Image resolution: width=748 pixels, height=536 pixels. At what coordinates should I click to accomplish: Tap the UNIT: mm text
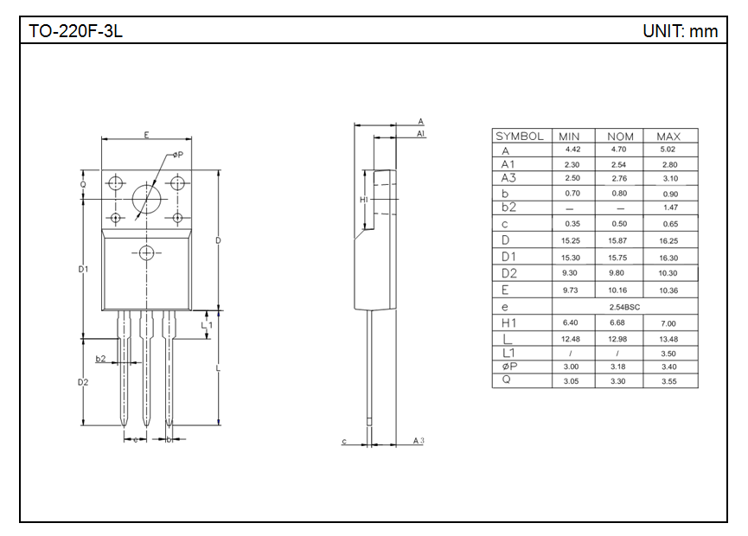pos(680,31)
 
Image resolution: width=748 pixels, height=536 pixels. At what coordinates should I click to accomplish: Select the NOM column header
pos(620,137)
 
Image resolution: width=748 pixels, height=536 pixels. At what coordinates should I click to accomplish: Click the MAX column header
pos(668,137)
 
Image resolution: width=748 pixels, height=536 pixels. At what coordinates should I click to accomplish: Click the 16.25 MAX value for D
pos(668,240)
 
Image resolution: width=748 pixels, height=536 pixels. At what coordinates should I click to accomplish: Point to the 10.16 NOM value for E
pos(617,290)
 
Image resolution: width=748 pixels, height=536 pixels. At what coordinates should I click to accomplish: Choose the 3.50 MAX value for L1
pos(668,354)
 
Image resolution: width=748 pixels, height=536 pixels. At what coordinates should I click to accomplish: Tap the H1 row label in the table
pos(508,322)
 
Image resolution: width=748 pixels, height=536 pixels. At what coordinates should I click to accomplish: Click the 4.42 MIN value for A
pos(572,150)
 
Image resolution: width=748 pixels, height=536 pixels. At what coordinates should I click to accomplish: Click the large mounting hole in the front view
pos(146,197)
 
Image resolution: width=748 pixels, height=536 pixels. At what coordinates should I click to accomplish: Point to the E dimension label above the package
pos(146,135)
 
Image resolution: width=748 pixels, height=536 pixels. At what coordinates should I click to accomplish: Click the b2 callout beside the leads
pos(100,359)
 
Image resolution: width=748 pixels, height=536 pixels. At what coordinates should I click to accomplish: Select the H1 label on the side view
pos(363,200)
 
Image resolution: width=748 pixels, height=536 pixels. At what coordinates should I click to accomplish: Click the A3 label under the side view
pos(419,441)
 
